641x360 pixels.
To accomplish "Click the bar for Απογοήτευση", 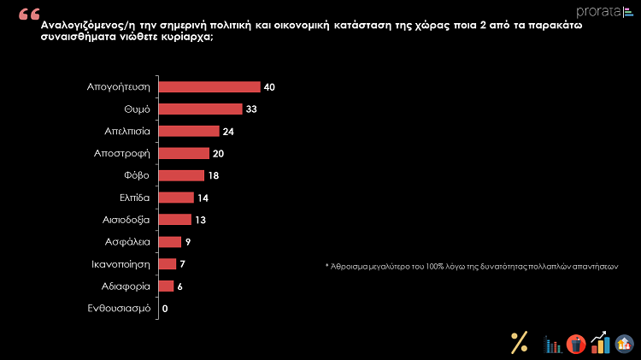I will pyautogui.click(x=209, y=87).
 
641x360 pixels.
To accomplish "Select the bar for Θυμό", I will pyautogui.click(x=201, y=109).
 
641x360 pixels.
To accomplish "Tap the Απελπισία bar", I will pyautogui.click(x=189, y=132).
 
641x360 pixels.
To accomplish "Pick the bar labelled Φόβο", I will pyautogui.click(x=182, y=175).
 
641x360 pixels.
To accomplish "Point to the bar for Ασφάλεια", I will pyautogui.click(x=170, y=242).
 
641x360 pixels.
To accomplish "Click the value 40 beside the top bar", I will pyautogui.click(x=269, y=87).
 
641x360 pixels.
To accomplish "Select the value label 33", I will pyautogui.click(x=251, y=109).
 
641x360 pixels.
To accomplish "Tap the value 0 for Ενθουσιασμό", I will pyautogui.click(x=165, y=308).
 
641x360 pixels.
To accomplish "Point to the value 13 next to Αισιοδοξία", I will pyautogui.click(x=201, y=220).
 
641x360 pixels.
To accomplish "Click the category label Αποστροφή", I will pyautogui.click(x=122, y=153).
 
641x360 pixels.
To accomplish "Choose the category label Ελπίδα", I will pyautogui.click(x=131, y=198).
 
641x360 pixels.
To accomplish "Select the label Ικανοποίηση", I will pyautogui.click(x=121, y=263).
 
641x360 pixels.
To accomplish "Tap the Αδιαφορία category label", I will pyautogui.click(x=125, y=286).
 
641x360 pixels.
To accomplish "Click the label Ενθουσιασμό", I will pyautogui.click(x=119, y=308).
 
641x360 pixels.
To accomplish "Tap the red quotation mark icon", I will pyautogui.click(x=28, y=15).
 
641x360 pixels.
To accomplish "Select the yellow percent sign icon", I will pyautogui.click(x=519, y=342).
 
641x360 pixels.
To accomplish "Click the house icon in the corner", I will pyautogui.click(x=626, y=344).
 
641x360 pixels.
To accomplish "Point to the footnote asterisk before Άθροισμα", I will pyautogui.click(x=326, y=267).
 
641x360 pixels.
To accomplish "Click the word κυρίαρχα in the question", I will pyautogui.click(x=184, y=38).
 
